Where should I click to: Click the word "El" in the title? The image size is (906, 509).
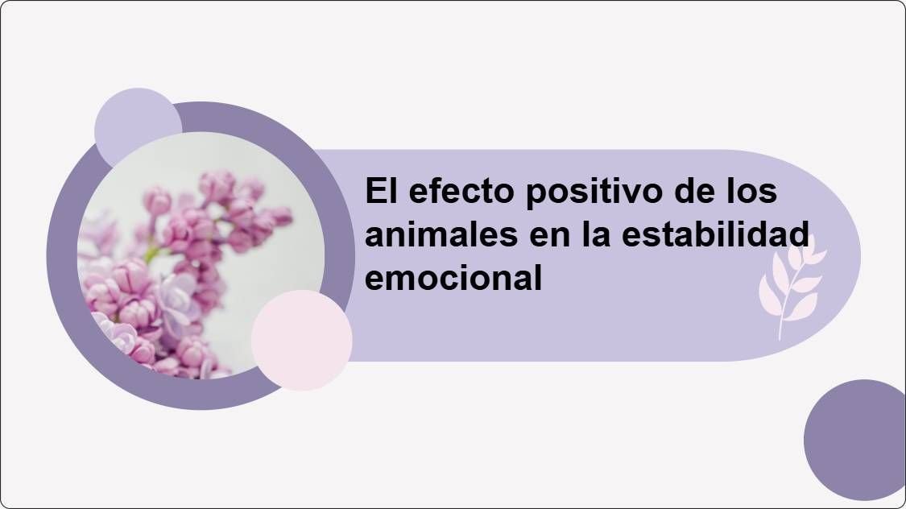tap(379, 192)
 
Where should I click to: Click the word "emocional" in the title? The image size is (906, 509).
tap(453, 278)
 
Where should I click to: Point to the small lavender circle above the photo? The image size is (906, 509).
tap(138, 121)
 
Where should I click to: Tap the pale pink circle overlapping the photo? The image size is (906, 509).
tap(301, 340)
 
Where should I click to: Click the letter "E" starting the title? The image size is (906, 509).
tap(373, 192)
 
